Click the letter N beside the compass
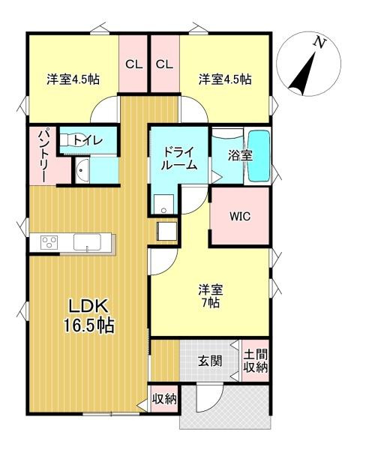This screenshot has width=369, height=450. tap(320, 43)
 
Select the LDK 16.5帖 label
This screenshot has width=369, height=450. tap(91, 316)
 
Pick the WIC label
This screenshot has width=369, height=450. tap(240, 217)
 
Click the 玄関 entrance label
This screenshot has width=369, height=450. tap(210, 361)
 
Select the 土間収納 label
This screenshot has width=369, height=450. tap(255, 361)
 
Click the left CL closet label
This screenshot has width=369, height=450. tap(133, 64)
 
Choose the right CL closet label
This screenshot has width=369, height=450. tap(164, 64)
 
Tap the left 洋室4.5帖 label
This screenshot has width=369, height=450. tap(73, 79)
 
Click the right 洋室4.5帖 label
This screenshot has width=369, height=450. tap(225, 79)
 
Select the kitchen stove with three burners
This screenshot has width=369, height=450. tap(49, 242)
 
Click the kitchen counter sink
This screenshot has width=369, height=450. tap(88, 242)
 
